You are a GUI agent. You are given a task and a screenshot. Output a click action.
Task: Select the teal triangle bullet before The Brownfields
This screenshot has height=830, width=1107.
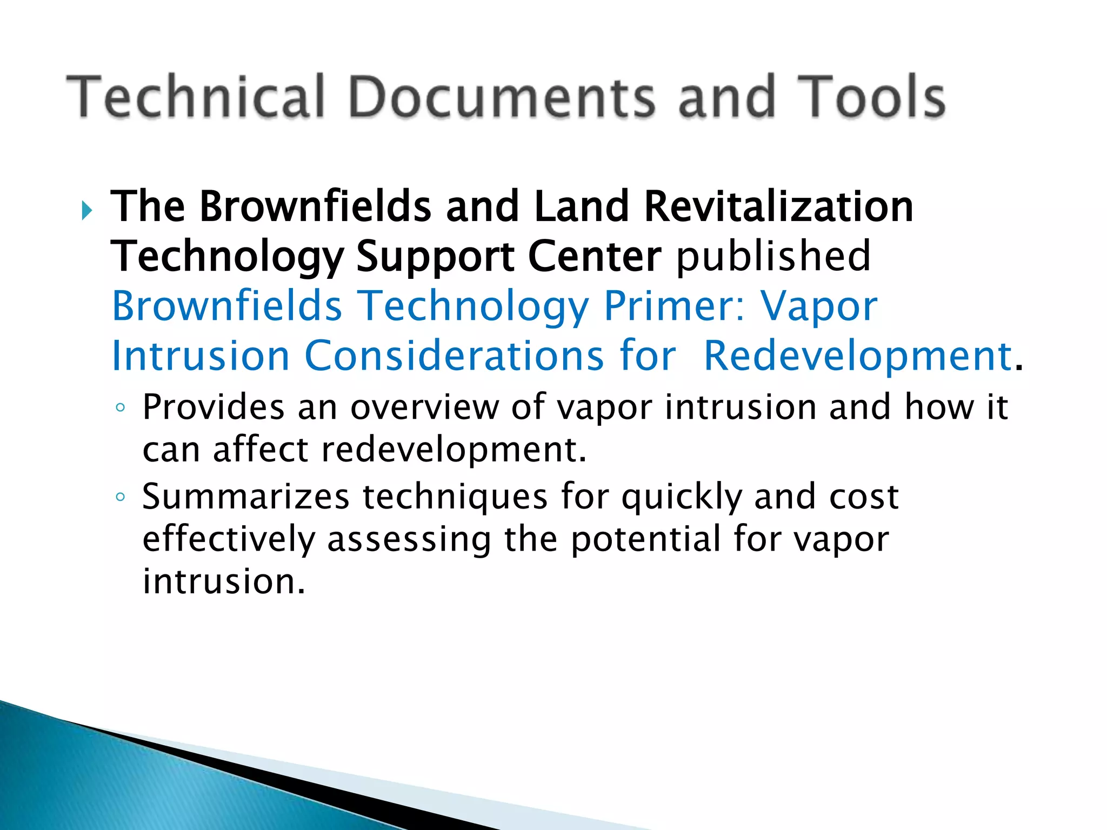[86, 210]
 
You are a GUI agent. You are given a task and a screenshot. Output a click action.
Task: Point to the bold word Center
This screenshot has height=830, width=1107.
[594, 256]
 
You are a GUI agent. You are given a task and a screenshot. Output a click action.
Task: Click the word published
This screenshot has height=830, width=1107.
[773, 256]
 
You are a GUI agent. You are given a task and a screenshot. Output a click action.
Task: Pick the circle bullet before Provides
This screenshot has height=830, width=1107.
[121, 407]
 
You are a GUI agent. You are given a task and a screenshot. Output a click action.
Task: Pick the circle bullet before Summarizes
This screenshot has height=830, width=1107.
[121, 497]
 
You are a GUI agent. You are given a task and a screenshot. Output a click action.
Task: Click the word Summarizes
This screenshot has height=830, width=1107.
[246, 497]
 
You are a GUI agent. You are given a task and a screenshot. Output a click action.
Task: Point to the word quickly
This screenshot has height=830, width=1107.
[682, 498]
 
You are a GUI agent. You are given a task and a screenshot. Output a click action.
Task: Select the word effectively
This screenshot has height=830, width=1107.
[229, 539]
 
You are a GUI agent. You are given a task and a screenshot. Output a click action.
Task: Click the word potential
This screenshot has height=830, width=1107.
[645, 539]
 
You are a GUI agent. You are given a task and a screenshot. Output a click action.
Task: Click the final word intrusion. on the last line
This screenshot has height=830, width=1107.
[224, 581]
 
